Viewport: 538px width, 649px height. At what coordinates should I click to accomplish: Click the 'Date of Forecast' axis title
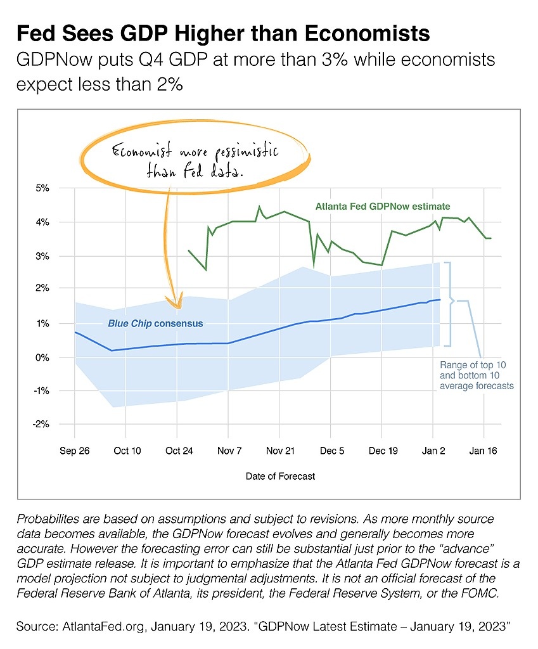[x=280, y=475]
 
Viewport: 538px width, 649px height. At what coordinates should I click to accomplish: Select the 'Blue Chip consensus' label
[x=155, y=323]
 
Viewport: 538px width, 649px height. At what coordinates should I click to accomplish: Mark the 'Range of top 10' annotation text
[x=473, y=365]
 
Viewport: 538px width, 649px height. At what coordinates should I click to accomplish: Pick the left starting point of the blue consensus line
[x=75, y=332]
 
